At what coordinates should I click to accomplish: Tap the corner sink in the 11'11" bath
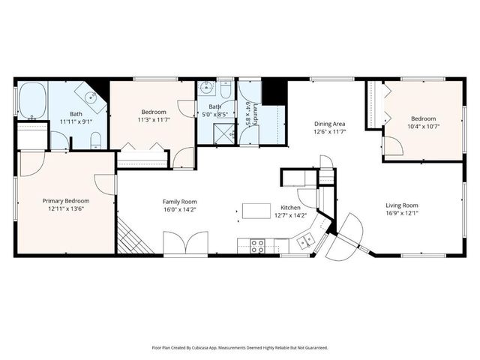coord(91,97)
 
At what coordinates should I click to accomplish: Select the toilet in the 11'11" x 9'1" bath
coord(95,140)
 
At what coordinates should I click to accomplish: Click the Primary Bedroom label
coord(65,201)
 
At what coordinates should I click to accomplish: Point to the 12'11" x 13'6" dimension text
coord(65,209)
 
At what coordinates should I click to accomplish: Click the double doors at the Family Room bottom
coord(186,244)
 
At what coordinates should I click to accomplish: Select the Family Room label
coord(180,201)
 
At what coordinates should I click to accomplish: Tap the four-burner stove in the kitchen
coord(257,244)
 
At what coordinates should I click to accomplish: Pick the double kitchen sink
coord(304,241)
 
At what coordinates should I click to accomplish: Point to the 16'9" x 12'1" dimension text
coord(402,213)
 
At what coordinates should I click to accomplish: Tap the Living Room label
coord(402,205)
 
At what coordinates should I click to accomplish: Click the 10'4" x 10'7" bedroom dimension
coord(424,127)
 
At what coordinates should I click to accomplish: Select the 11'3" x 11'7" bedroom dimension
coord(154,119)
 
